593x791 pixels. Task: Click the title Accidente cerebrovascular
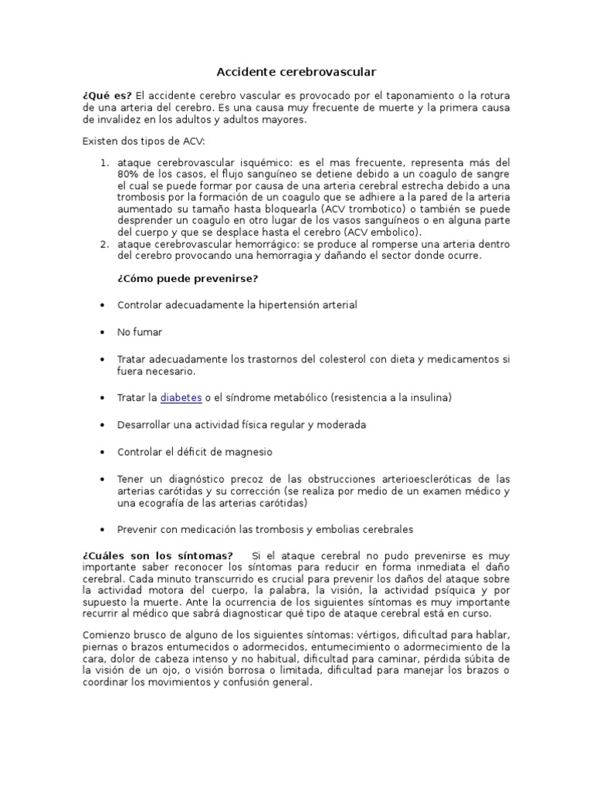pyautogui.click(x=296, y=72)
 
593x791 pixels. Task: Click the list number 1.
pyautogui.click(x=105, y=163)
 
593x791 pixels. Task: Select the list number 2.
pyautogui.click(x=105, y=244)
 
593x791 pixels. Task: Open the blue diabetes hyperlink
pyautogui.click(x=181, y=397)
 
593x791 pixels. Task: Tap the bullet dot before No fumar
pyautogui.click(x=103, y=332)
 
